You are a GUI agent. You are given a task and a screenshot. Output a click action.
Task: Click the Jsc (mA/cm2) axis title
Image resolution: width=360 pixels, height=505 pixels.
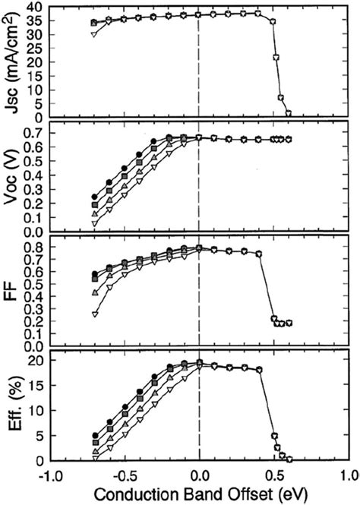click(13, 60)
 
